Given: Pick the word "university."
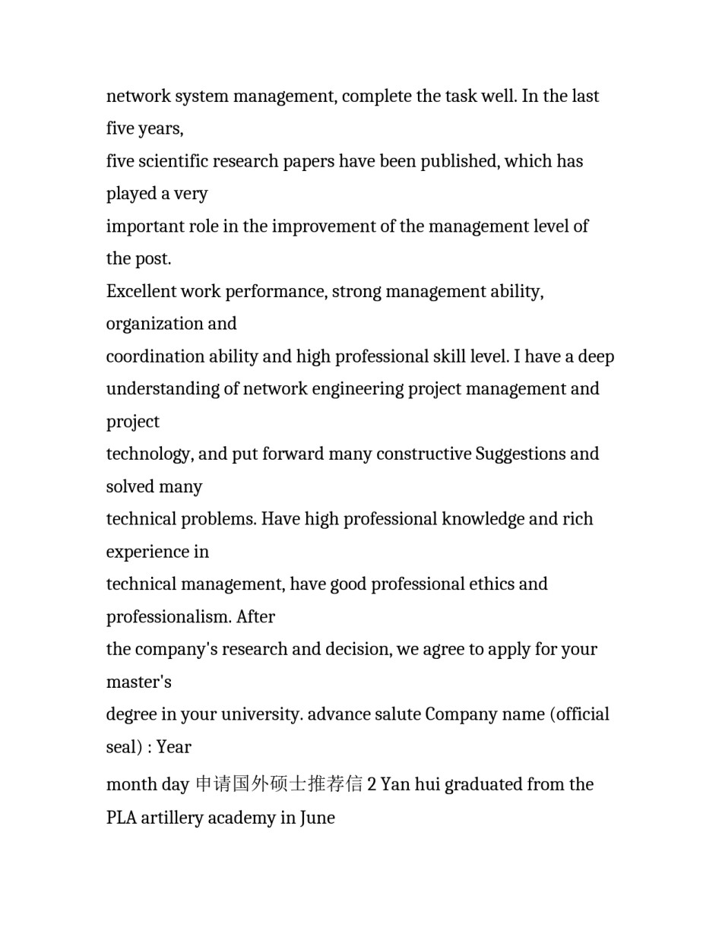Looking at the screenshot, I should coord(260,715).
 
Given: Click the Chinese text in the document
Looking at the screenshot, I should coord(279,784).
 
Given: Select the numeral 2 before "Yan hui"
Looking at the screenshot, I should coord(372,784).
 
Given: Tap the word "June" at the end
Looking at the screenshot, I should coord(317,818).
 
